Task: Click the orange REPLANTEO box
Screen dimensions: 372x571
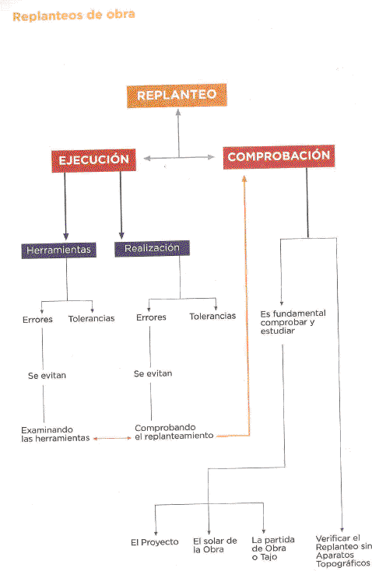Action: tap(177, 96)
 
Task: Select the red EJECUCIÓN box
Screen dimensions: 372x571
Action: tap(93, 160)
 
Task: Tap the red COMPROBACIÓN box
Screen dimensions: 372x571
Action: tap(279, 156)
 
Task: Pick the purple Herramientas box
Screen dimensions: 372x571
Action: tap(58, 250)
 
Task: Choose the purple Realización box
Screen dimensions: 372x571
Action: tap(152, 248)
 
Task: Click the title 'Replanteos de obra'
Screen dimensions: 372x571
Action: tap(74, 16)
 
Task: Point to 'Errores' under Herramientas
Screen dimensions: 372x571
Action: tap(37, 320)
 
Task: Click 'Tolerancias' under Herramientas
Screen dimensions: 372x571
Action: tap(92, 319)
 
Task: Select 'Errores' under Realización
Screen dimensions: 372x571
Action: tap(151, 317)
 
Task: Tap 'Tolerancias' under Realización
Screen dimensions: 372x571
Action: tap(212, 316)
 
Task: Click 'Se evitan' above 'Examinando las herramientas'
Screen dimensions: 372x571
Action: tap(47, 376)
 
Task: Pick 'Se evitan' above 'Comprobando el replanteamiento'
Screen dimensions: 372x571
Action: tap(153, 373)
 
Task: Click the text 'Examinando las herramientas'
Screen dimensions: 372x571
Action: tap(55, 434)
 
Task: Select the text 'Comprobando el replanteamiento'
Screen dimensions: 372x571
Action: tap(174, 432)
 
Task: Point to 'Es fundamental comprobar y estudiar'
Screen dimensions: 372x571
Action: tap(293, 322)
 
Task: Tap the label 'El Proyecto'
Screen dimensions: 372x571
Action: tap(155, 542)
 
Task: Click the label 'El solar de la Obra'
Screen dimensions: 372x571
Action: tap(215, 545)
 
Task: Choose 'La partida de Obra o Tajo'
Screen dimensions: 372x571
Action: tap(273, 548)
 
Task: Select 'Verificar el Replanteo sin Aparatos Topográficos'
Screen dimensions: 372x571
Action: tap(343, 551)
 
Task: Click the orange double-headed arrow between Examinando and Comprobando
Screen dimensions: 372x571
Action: tap(112, 439)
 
